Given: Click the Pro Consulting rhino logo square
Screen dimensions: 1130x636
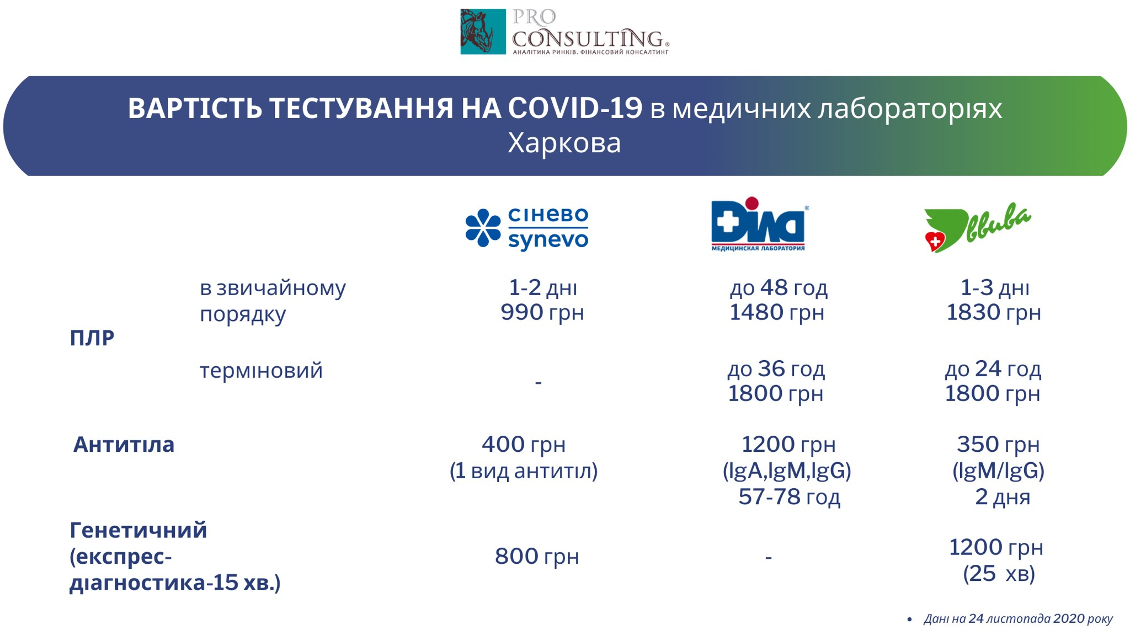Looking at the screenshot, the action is click(483, 31).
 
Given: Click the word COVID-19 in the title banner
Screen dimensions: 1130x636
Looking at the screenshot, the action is click(575, 108).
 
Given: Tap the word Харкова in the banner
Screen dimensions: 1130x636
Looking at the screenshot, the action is click(564, 143).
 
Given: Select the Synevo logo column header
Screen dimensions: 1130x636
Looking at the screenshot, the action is click(527, 228).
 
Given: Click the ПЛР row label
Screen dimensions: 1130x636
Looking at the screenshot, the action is click(92, 338).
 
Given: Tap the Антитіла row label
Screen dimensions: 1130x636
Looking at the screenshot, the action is click(124, 444).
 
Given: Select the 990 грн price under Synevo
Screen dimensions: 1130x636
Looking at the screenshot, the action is click(542, 312).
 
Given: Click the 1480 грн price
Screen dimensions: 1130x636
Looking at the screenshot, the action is click(777, 312).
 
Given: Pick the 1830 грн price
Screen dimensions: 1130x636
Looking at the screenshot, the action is click(994, 312).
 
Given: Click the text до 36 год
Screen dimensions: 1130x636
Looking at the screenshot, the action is click(776, 368).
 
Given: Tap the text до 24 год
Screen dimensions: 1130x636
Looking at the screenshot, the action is click(993, 368).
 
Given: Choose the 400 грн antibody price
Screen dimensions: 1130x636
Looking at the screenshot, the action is click(524, 444).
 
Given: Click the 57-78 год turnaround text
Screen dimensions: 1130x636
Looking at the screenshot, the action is click(789, 496).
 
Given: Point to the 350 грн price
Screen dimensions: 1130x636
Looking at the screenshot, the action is click(998, 444).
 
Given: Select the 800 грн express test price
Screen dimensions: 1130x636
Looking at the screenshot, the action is click(537, 556).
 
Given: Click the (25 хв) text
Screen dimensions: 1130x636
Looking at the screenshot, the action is click(999, 574).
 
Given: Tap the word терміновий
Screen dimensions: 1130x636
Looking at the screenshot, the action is click(261, 370).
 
